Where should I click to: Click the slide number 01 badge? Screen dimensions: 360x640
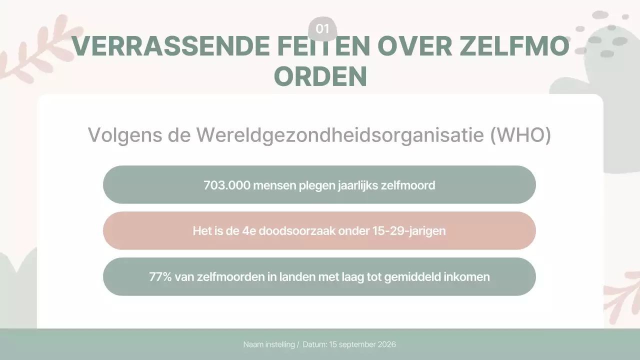click(x=322, y=29)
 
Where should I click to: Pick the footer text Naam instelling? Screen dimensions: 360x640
click(x=269, y=344)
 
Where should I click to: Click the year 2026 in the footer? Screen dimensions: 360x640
click(x=385, y=344)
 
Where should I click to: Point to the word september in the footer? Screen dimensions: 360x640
click(x=356, y=344)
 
